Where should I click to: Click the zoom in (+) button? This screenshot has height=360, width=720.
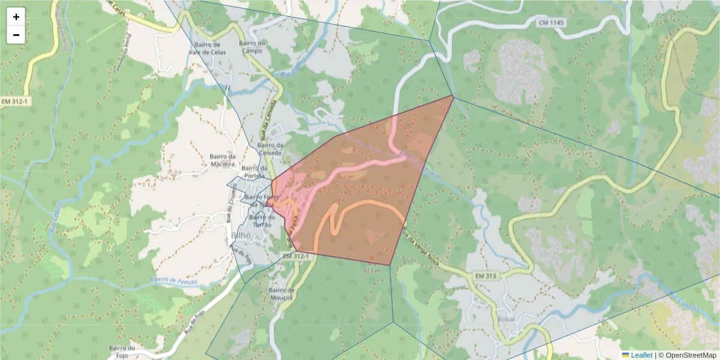coord(16,17)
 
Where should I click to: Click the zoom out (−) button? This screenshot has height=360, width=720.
coord(16,35)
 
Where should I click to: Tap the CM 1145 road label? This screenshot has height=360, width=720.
coord(551,23)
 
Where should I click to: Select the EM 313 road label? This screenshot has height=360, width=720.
coord(487,275)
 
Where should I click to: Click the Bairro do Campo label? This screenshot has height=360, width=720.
coord(252,47)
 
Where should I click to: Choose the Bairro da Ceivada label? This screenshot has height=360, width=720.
coord(270,149)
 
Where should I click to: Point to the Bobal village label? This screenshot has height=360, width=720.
coord(508,319)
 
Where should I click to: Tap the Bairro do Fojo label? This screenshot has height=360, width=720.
coord(125,352)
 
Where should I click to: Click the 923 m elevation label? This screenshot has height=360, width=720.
coord(372,271)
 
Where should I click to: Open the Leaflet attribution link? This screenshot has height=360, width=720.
coord(641,355)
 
